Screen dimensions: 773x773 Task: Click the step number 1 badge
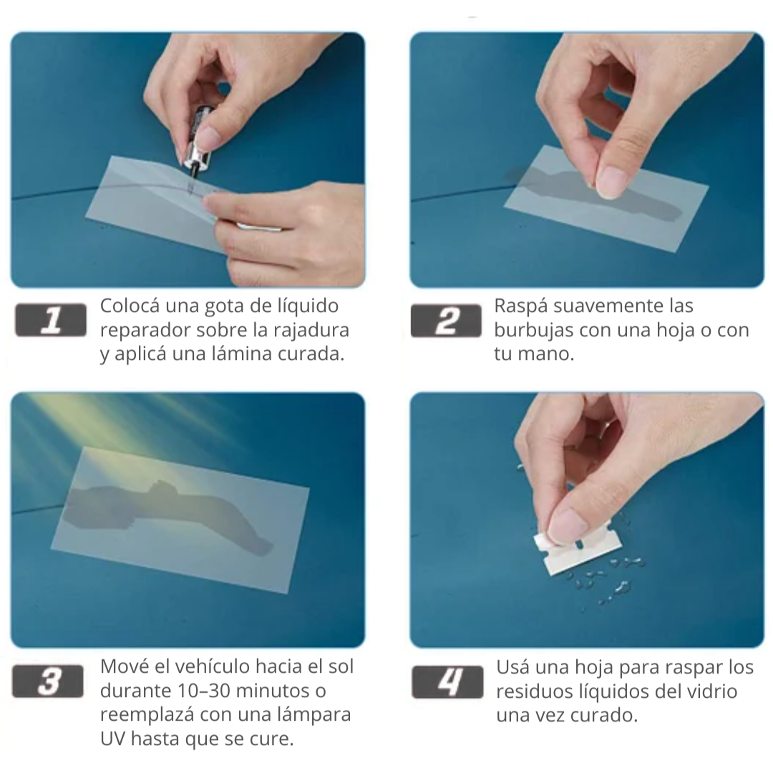[x=51, y=321]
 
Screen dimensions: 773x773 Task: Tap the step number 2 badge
[x=446, y=321]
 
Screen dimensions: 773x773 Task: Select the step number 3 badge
[x=48, y=681]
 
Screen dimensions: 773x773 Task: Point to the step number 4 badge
[x=447, y=682]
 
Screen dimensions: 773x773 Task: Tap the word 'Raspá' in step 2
[x=521, y=306]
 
